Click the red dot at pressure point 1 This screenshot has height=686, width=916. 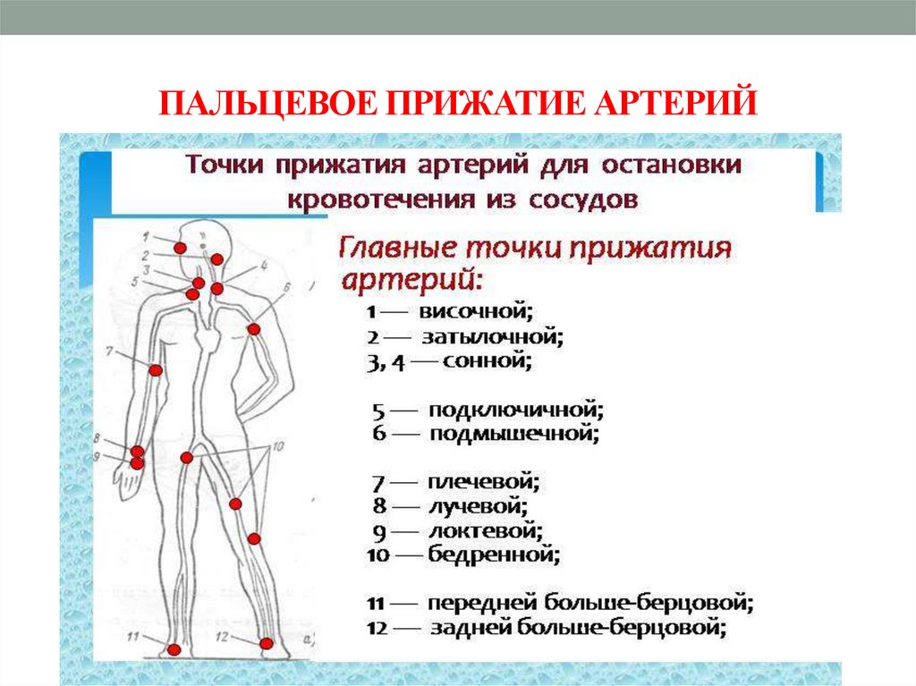(180, 248)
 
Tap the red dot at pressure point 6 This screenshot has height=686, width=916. (253, 330)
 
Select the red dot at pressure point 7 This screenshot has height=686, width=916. (156, 370)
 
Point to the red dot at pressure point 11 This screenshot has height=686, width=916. (174, 649)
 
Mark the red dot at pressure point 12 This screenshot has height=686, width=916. (266, 643)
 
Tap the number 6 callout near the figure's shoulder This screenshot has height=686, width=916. (286, 286)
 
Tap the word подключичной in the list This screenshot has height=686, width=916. (516, 411)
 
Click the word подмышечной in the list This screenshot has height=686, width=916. (513, 435)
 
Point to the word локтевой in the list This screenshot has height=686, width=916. (487, 531)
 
